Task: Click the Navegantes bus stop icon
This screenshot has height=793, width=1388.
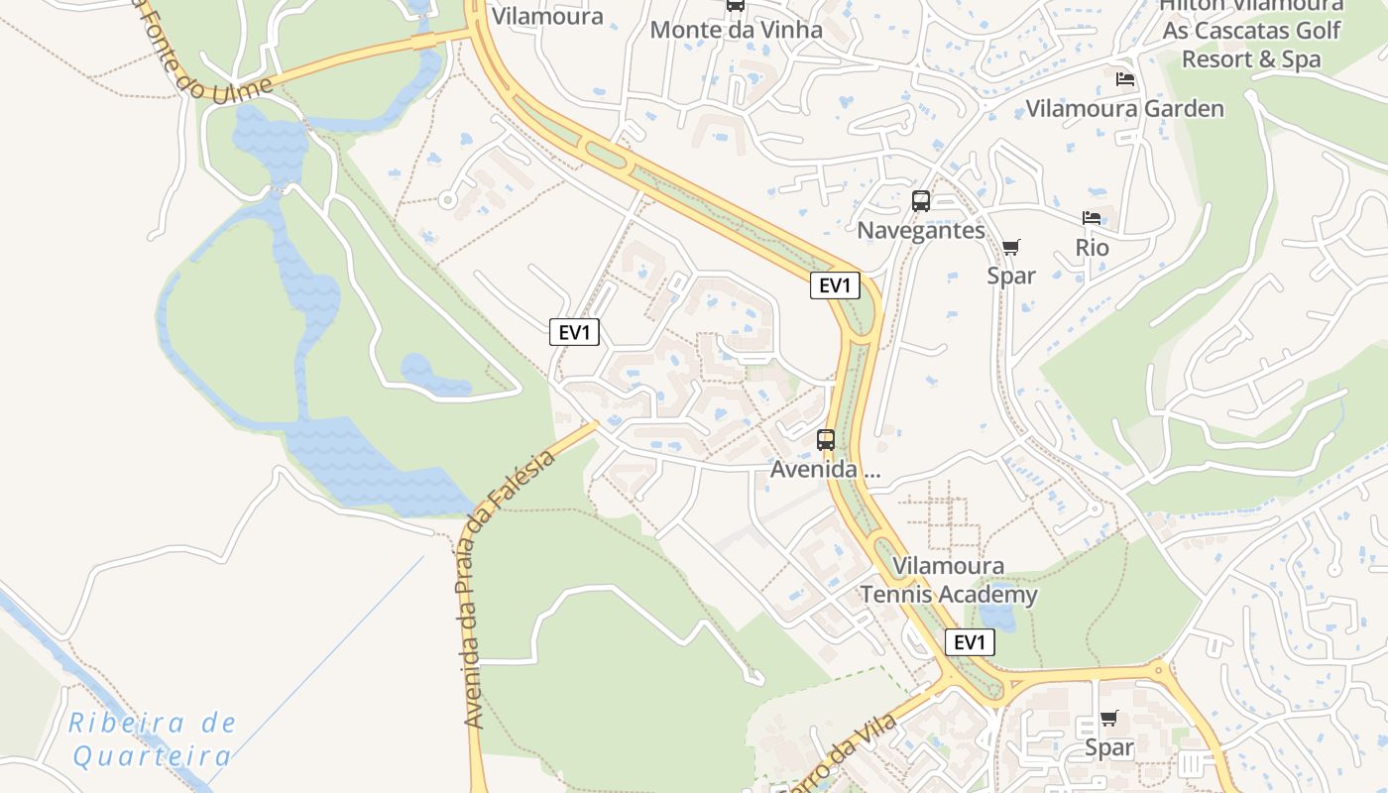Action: [921, 201]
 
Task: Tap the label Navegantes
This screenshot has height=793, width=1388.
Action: [921, 231]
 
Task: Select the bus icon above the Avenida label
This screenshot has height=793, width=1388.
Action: [826, 439]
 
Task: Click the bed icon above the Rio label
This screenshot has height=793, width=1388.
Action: [1092, 218]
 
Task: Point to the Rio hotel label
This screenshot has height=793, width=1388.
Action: [1092, 247]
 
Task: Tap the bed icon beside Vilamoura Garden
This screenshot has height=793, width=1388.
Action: [1125, 78]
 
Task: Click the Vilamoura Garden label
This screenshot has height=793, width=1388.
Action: [1124, 108]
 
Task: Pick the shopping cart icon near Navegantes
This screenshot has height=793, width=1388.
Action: [1010, 247]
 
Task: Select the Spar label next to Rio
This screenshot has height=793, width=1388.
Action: [1011, 276]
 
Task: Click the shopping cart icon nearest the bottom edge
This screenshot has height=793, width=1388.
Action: [1108, 718]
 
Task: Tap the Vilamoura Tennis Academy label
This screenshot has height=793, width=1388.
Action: [948, 580]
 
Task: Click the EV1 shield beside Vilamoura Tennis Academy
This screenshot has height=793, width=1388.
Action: [969, 642]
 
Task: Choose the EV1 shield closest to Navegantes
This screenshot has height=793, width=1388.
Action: [834, 286]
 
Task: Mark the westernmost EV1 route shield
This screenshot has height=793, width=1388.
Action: [574, 332]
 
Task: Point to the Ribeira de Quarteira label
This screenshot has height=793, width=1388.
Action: [153, 739]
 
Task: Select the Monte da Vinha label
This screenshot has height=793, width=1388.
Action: [736, 30]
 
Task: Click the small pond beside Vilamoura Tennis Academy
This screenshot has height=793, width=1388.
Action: [999, 616]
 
